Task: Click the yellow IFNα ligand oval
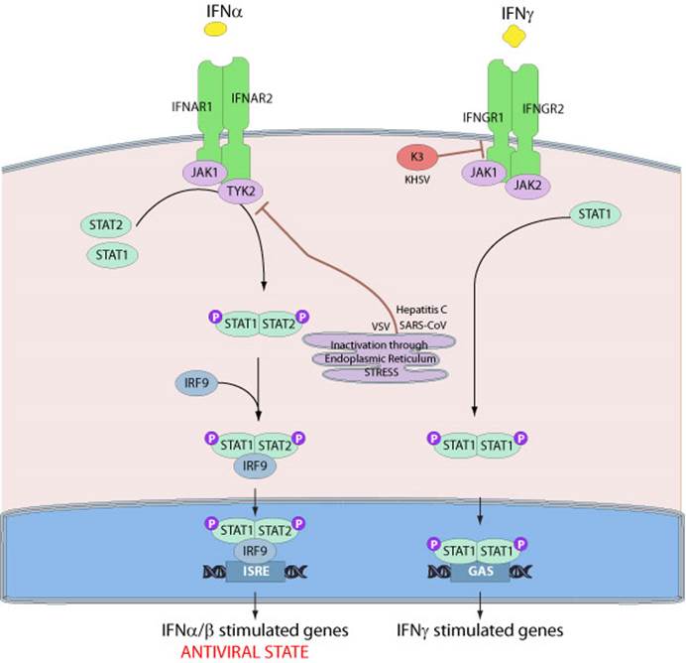pos(216,29)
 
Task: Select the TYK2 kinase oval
pos(241,192)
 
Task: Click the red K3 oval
pos(417,157)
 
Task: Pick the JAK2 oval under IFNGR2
pos(527,186)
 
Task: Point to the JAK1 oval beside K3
pos(484,173)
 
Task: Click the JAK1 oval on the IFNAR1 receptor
pos(205,172)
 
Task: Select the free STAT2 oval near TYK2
pos(106,225)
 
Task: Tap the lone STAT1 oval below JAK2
pos(595,214)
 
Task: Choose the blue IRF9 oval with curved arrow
pos(196,383)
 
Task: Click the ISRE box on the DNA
pos(256,571)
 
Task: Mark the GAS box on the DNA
pos(481,571)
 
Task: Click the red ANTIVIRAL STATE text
pos(245,652)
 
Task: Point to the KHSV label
pos(417,180)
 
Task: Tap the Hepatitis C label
pos(421,310)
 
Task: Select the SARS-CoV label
pos(422,326)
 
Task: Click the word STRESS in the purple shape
pos(381,372)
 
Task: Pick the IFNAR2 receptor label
pos(252,98)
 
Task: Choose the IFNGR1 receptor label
pos(483,117)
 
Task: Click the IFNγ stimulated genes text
pos(480,630)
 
